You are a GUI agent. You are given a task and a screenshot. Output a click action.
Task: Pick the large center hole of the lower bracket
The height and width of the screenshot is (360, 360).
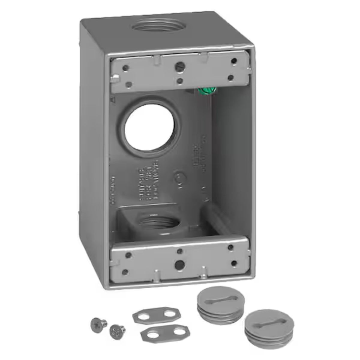pos(179,264)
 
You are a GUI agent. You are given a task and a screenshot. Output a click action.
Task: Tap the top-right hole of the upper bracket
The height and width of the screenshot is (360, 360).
pos(233,61)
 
